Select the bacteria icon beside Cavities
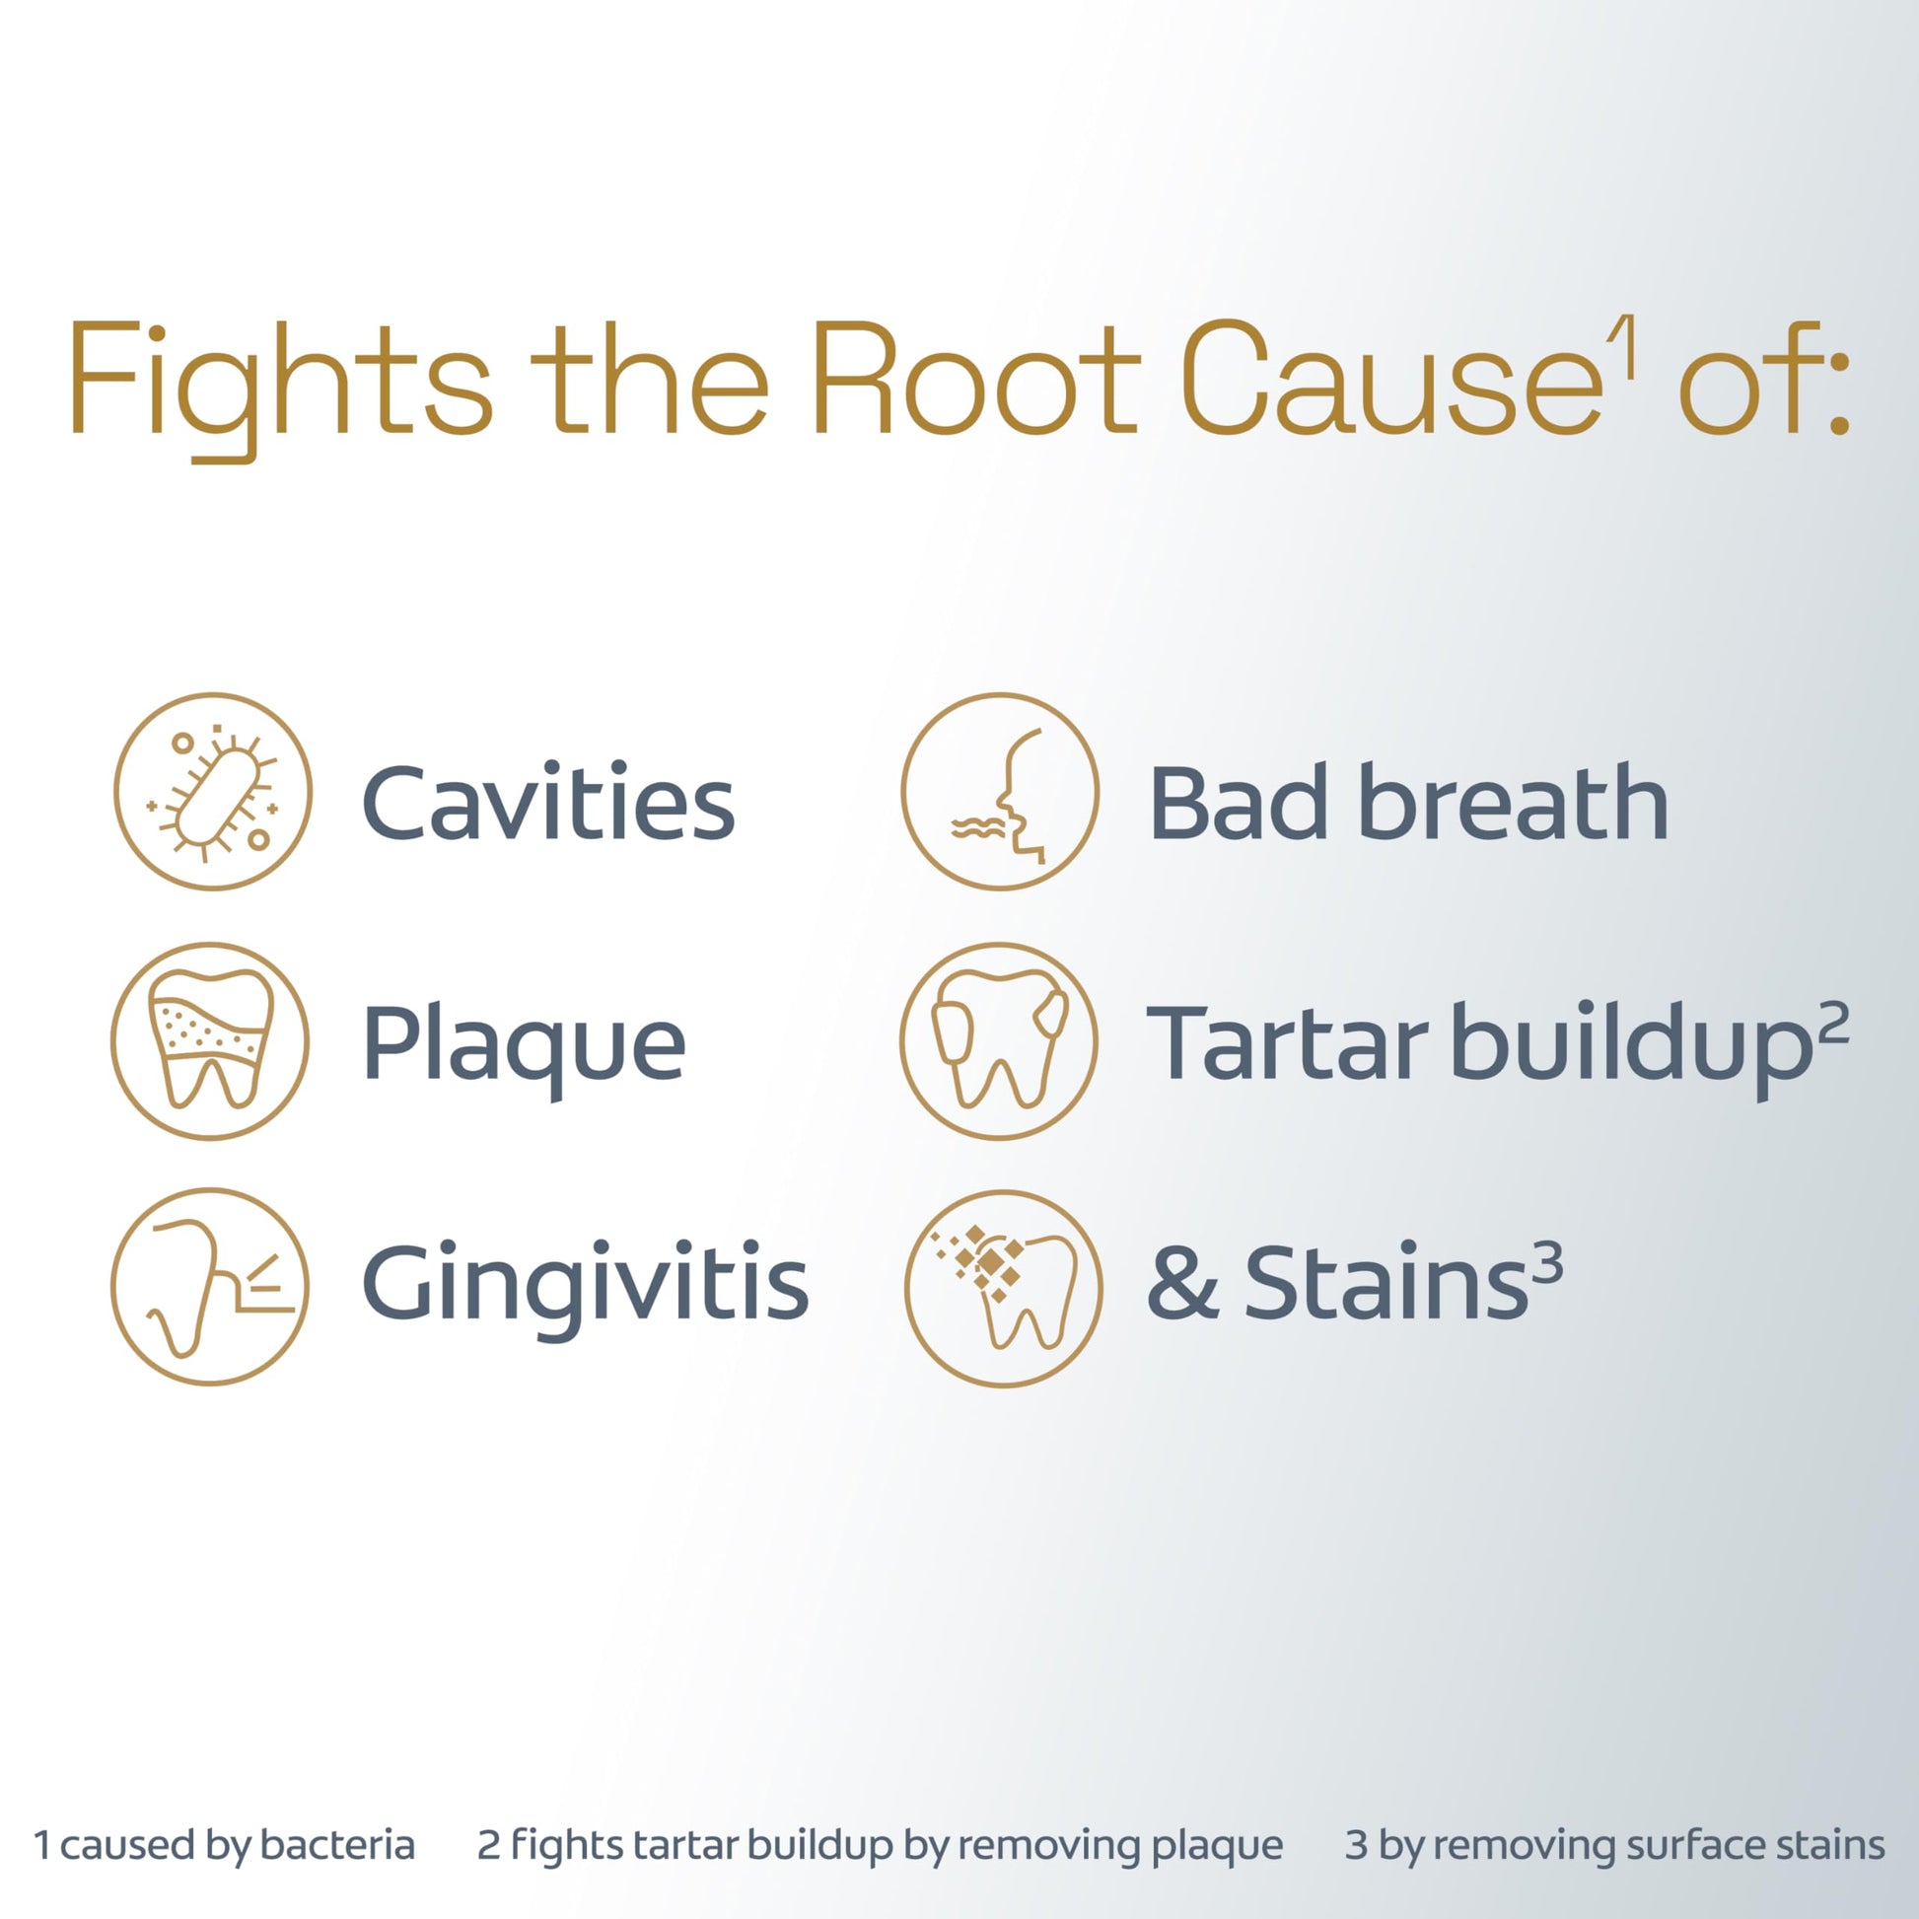pos(213,791)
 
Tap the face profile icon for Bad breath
pos(999,791)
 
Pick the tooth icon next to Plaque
pos(210,1040)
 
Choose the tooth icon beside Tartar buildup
pos(999,1040)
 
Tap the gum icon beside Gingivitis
pos(210,1286)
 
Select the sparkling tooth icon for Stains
pos(1003,1288)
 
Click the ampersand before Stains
pos(1182,1283)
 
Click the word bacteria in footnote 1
pos(337,1844)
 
